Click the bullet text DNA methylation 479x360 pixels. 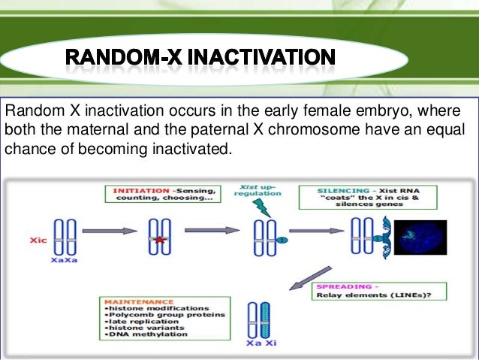point(143,335)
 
